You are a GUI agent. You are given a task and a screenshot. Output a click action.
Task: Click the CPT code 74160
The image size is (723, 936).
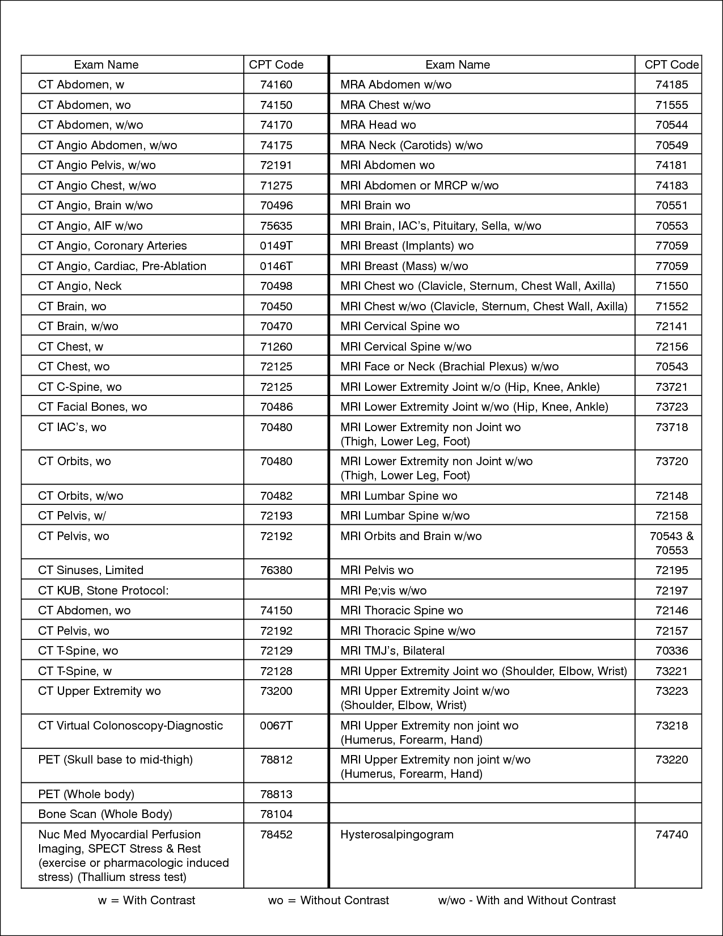tap(276, 85)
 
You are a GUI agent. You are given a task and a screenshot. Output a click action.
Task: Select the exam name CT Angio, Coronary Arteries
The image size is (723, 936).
tap(112, 246)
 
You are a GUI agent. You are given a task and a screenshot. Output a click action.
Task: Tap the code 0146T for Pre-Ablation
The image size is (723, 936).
tap(276, 266)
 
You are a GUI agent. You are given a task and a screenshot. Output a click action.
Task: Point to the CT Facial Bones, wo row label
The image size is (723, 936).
tap(92, 407)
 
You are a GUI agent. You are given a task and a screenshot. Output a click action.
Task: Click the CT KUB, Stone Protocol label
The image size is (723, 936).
tap(103, 591)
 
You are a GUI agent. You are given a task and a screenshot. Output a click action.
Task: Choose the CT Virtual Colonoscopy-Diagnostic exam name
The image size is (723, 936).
tap(130, 726)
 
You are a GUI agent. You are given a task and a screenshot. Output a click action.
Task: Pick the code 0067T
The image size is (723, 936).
tap(276, 726)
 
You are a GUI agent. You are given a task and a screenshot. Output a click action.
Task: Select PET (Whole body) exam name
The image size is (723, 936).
tap(86, 794)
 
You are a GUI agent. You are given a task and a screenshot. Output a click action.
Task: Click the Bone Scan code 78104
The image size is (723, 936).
tap(276, 814)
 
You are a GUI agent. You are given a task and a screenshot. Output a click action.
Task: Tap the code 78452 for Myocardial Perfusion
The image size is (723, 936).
tap(276, 834)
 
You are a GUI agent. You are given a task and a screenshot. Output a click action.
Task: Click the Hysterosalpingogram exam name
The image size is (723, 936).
tap(397, 834)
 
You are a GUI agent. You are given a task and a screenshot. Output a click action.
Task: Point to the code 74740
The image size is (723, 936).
tap(671, 834)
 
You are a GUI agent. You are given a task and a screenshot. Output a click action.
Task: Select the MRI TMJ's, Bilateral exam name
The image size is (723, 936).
tap(392, 651)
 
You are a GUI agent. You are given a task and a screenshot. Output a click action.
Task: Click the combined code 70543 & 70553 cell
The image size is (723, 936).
tap(671, 543)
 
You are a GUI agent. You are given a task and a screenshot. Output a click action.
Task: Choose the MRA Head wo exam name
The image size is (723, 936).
tap(378, 125)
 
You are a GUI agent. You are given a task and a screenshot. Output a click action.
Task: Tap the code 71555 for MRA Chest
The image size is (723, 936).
tap(671, 105)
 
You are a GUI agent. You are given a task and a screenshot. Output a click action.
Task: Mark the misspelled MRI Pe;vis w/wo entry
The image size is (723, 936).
tap(383, 591)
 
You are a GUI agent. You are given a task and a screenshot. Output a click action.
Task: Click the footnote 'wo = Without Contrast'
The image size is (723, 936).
tap(328, 900)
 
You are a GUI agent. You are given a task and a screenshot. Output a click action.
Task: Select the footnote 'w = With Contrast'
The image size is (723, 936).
tap(146, 900)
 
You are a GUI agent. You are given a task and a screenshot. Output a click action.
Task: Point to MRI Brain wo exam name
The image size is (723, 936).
tap(375, 205)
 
